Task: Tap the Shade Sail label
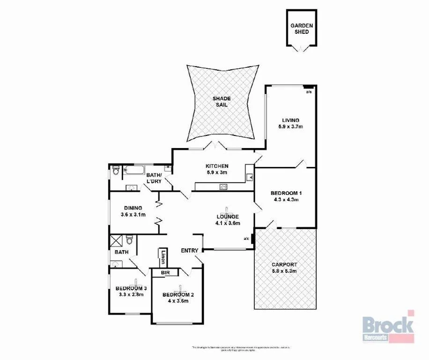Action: [222, 102]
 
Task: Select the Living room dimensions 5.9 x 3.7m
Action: [290, 127]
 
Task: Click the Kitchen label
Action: [217, 166]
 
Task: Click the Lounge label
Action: [228, 217]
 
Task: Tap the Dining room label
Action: [133, 209]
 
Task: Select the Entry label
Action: [190, 250]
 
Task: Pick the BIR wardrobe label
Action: [164, 272]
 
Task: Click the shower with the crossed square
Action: [115, 241]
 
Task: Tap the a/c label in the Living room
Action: [309, 92]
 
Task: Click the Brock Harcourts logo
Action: [388, 326]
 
